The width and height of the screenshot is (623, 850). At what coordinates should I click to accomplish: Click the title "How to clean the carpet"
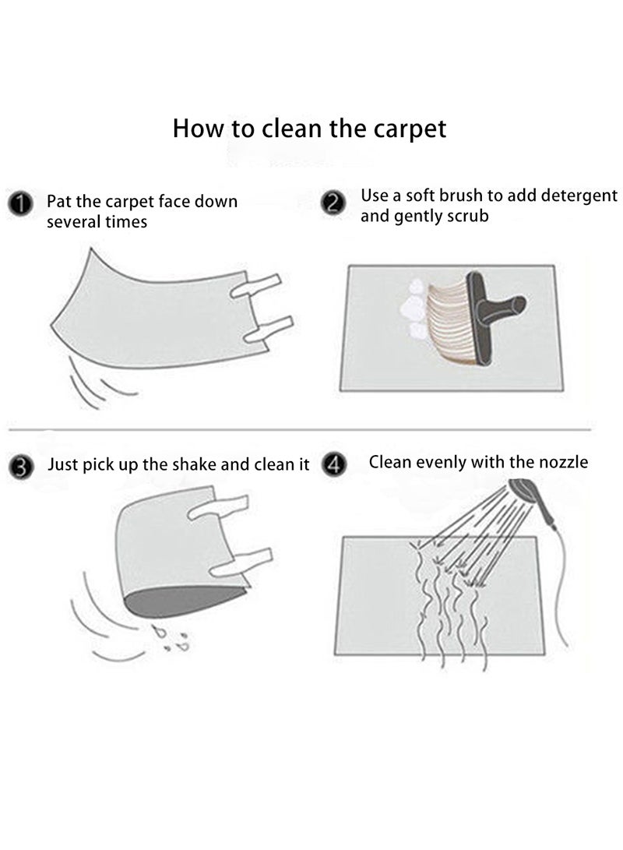[310, 128]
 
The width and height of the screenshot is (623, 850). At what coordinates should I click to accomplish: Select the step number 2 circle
[333, 203]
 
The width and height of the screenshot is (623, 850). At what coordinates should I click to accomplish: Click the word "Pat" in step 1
[58, 202]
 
